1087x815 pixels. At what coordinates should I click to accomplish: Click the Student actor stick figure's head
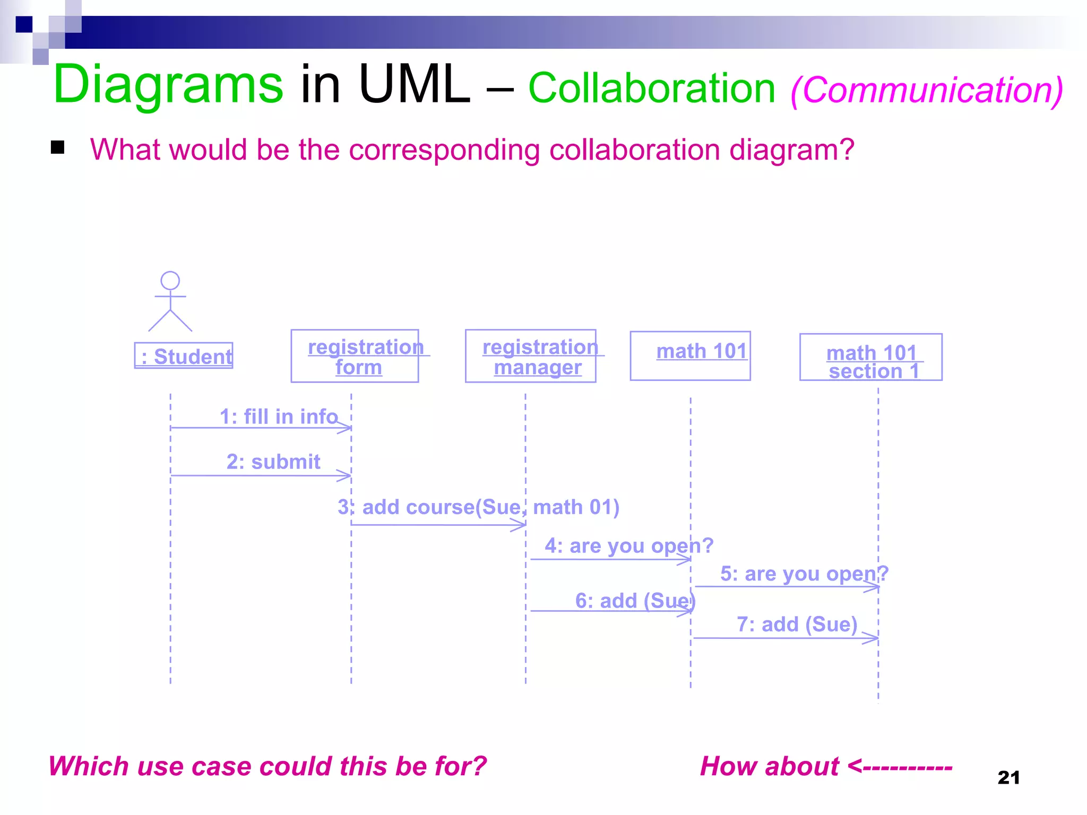tap(170, 281)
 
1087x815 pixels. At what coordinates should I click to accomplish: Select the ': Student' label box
tap(184, 356)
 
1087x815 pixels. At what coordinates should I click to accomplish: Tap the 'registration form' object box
tap(355, 356)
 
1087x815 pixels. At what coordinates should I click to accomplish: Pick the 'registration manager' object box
tap(530, 356)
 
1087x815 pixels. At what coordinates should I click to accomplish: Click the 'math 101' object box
tap(690, 356)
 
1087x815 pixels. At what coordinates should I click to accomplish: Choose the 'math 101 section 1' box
tap(870, 357)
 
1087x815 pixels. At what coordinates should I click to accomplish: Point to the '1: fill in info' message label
tap(279, 417)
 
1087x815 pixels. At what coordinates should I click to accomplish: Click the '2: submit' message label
tap(273, 462)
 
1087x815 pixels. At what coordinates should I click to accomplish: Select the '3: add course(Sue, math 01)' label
tap(478, 507)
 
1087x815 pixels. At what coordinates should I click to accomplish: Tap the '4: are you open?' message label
tap(629, 545)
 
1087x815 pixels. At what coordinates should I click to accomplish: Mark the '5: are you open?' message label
tap(804, 574)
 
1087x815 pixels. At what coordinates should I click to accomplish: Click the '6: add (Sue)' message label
tap(635, 601)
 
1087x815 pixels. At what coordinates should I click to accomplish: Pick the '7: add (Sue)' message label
tap(797, 625)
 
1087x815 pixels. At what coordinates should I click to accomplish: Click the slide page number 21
tap(1008, 778)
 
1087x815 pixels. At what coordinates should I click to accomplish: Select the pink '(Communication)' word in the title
tap(927, 90)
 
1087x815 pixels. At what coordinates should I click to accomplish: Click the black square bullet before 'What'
tap(58, 148)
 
